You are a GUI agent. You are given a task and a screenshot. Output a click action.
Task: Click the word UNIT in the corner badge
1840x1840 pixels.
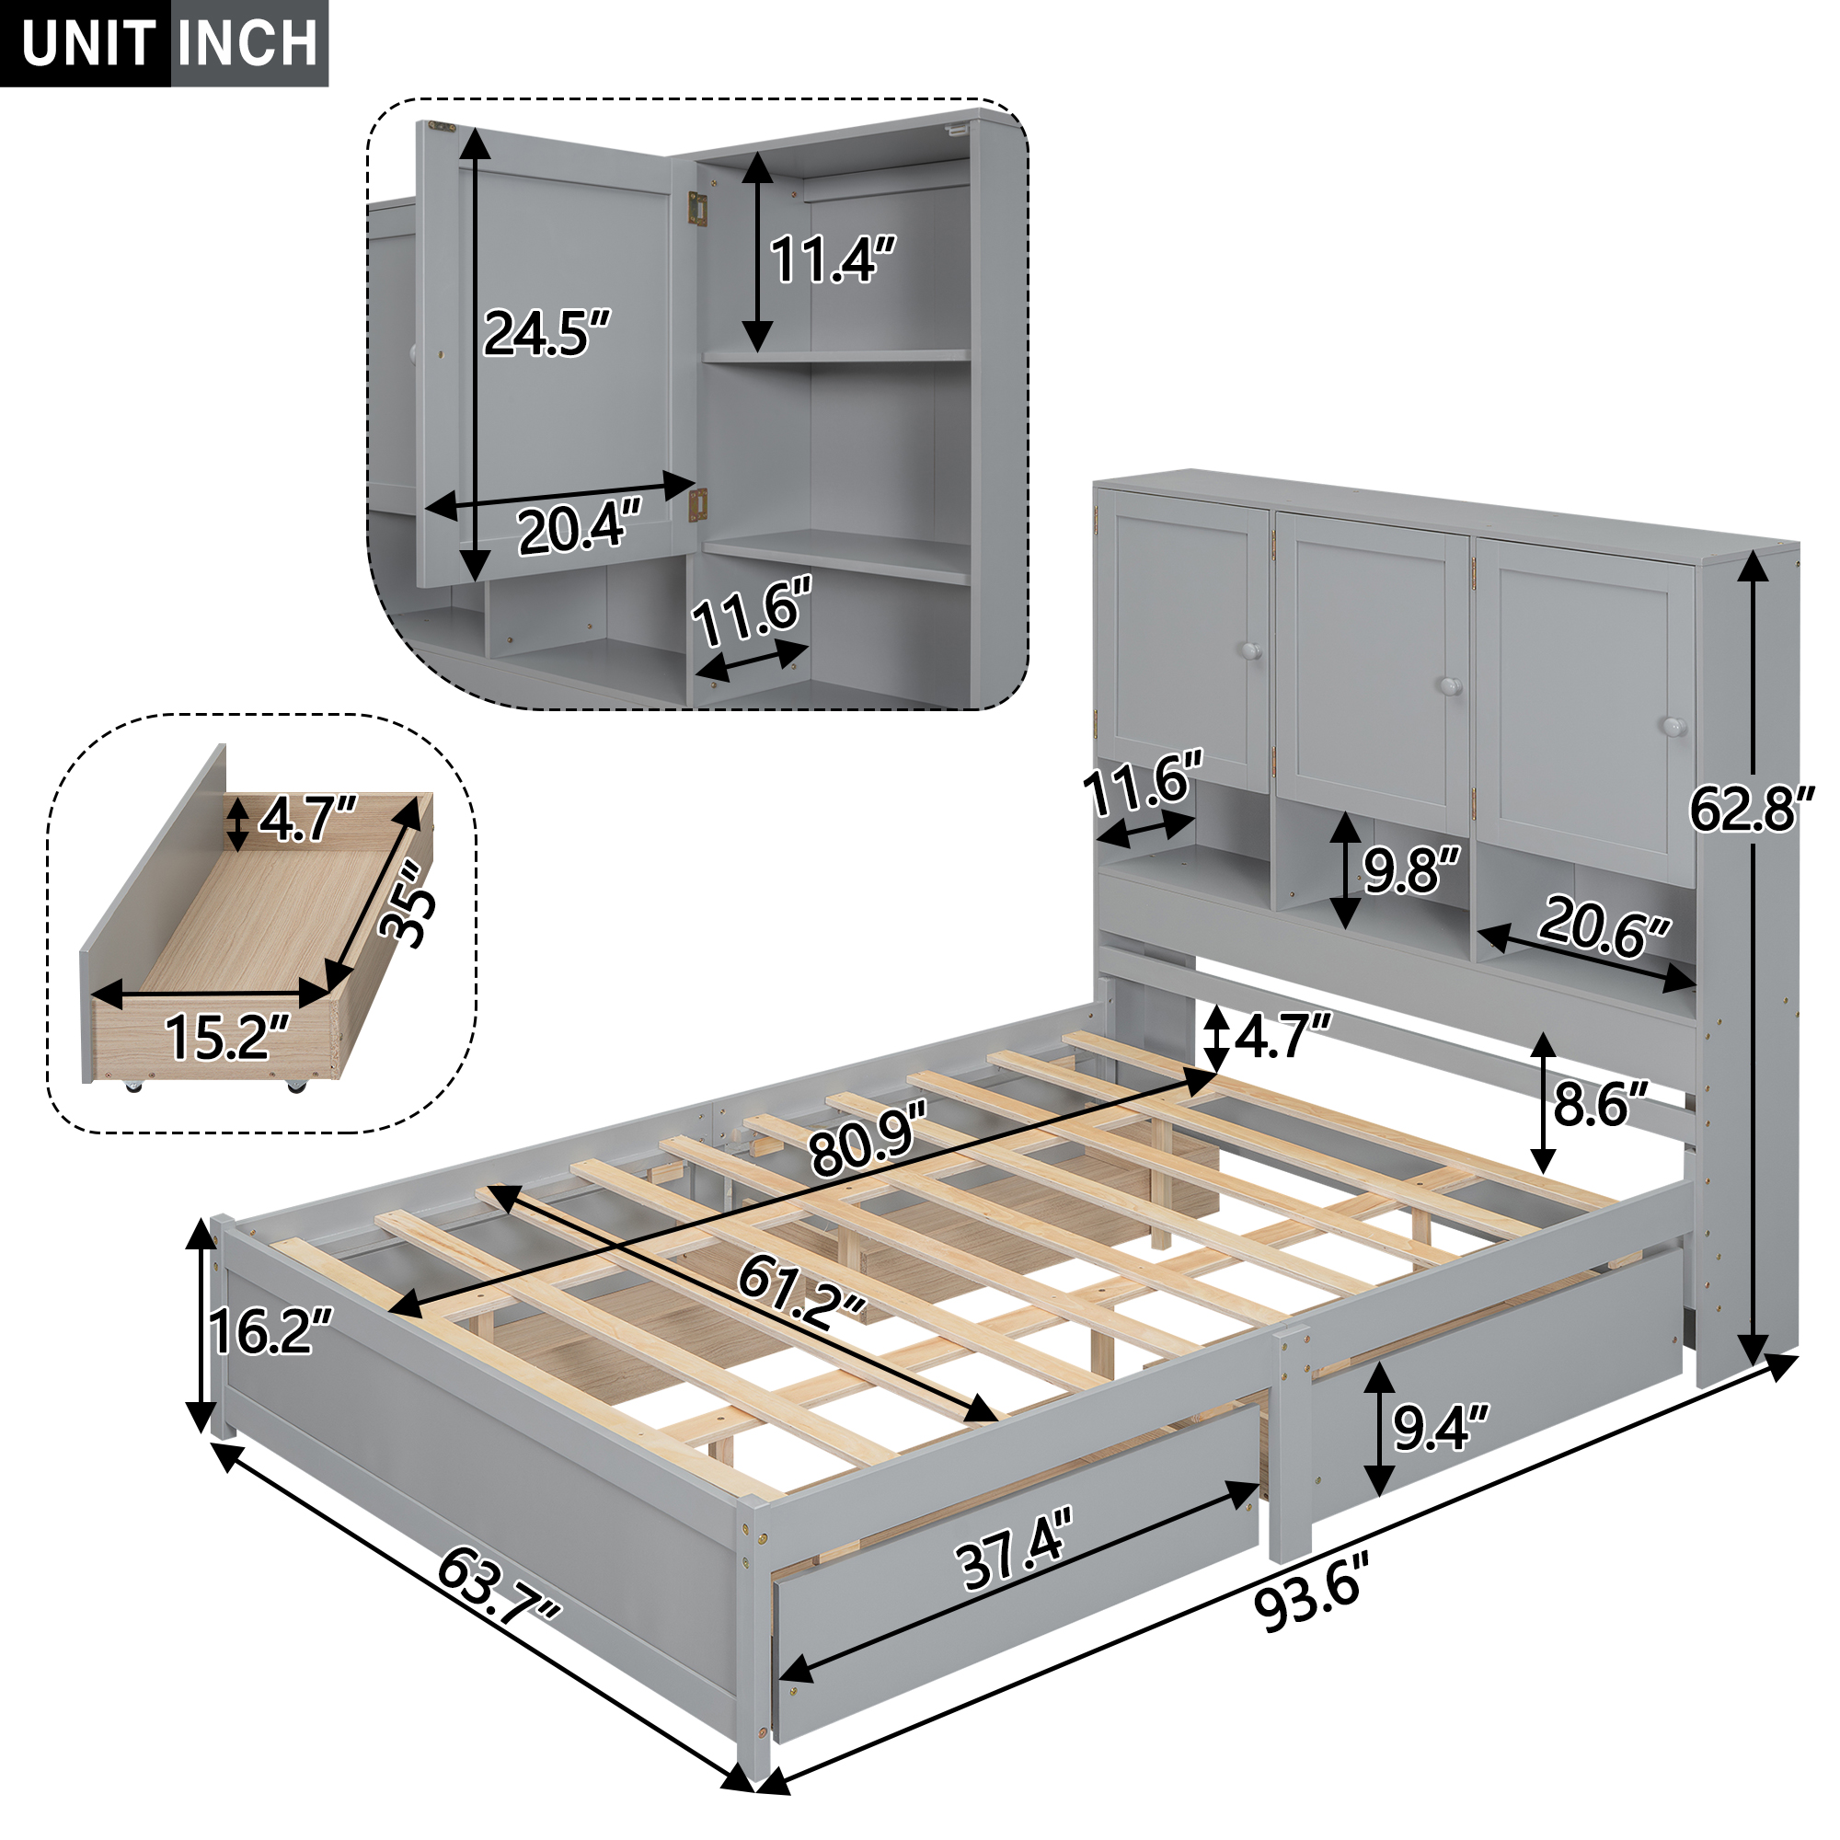(x=87, y=43)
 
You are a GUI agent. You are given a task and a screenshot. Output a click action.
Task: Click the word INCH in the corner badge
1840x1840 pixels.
(x=247, y=43)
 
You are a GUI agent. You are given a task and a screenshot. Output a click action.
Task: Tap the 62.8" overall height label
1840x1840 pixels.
(x=1751, y=810)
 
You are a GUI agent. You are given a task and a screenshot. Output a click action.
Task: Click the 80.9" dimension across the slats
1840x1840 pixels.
(x=867, y=1138)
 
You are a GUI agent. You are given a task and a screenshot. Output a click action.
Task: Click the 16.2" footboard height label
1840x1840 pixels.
(x=270, y=1331)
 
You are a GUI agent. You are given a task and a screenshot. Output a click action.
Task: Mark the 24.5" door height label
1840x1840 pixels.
(x=545, y=333)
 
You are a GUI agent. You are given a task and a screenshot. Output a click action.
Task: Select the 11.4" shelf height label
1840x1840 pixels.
(x=832, y=259)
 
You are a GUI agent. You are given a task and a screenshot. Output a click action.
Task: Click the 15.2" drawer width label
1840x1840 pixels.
(x=226, y=1037)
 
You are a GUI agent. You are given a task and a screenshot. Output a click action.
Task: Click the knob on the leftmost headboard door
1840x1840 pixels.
(x=1250, y=651)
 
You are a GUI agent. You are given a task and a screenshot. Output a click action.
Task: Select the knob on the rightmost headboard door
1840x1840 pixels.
(x=1673, y=727)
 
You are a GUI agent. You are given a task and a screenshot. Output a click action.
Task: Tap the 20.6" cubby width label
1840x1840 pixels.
(x=1603, y=926)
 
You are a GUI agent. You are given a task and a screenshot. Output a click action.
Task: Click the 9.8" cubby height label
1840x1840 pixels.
(x=1410, y=869)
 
